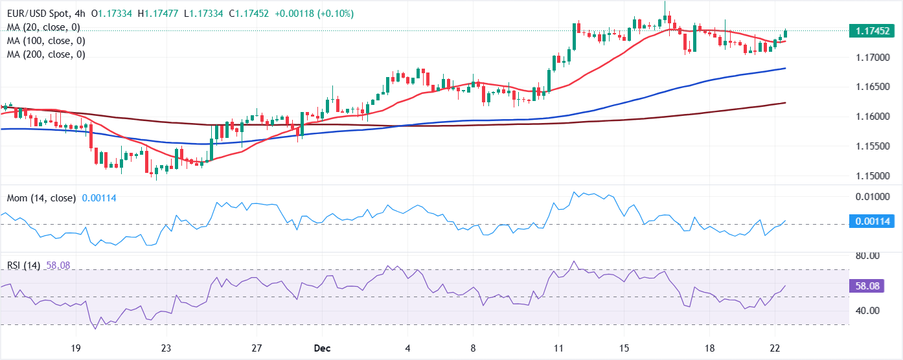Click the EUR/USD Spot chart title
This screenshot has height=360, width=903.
coord(40,14)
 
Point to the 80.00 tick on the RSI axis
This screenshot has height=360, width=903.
coord(867,256)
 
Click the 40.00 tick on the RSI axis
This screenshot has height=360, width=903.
coord(867,311)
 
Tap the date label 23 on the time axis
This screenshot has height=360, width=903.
coord(166,348)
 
